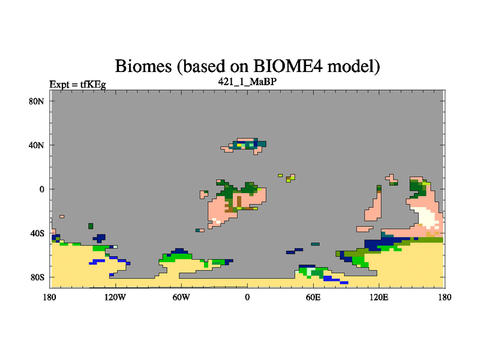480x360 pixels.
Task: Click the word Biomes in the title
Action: point(143,66)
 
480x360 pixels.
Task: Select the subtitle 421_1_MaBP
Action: point(247,82)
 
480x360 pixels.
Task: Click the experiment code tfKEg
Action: point(93,84)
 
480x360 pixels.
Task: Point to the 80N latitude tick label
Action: point(37,101)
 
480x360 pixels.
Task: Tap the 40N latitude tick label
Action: point(37,145)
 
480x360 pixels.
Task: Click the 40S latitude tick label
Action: point(37,233)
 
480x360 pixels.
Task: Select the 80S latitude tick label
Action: point(37,277)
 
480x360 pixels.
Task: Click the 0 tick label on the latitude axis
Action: point(41,189)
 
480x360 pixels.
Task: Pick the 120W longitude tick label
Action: point(115,297)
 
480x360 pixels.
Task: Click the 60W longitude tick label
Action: point(181,297)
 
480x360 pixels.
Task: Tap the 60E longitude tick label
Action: point(313,297)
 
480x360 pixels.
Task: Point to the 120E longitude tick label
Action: point(379,297)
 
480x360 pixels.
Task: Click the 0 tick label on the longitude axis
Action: point(247,297)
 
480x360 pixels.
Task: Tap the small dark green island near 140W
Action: point(91,226)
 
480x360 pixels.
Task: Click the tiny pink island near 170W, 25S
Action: point(62,217)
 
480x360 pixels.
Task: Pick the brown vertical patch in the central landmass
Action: point(239,201)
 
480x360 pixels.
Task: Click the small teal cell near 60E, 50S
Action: point(316,244)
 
